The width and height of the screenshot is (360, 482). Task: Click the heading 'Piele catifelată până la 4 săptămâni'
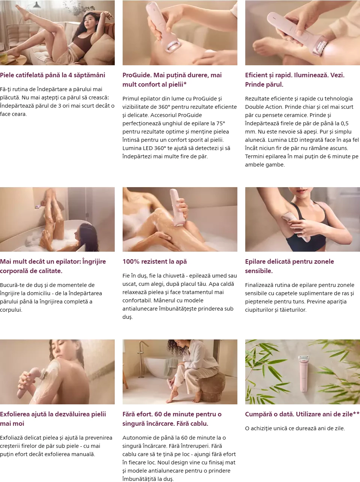click(52, 75)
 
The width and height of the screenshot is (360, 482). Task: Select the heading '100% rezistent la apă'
click(154, 261)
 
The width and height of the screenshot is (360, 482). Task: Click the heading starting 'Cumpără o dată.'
click(302, 414)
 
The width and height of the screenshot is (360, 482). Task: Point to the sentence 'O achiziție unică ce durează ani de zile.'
click(295, 428)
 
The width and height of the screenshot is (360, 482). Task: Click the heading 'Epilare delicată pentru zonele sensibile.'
click(289, 266)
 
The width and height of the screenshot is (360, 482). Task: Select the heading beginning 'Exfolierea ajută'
click(53, 419)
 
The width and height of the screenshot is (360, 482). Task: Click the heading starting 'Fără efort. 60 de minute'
click(172, 419)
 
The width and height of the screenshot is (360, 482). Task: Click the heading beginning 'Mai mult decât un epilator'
click(53, 266)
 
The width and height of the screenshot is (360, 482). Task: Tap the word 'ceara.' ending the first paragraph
click(20, 114)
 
